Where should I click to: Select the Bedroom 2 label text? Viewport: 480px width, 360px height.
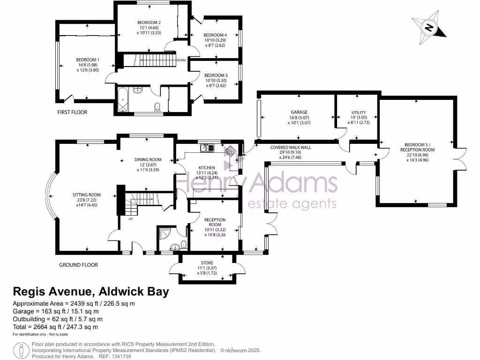149,22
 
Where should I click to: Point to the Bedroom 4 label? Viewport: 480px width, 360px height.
215,35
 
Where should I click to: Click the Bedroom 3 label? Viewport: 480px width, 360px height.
216,75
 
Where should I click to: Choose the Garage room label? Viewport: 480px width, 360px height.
299,112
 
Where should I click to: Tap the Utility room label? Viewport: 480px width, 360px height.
358,112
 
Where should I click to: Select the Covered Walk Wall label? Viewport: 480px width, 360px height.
291,147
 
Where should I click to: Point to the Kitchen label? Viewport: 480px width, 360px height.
207,167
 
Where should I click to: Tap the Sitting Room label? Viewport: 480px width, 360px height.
87,195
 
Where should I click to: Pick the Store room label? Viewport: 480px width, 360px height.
207,262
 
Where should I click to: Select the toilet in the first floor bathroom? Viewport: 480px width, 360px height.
157,107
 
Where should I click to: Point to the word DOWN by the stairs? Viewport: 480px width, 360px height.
181,60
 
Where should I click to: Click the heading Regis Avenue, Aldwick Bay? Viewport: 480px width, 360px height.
90,292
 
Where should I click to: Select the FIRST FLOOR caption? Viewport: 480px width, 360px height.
72,112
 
